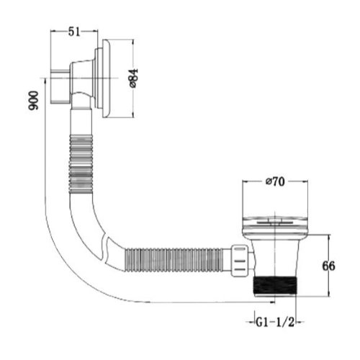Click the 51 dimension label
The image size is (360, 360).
(73, 32)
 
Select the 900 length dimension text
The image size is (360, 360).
(33, 100)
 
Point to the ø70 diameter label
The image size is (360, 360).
(275, 181)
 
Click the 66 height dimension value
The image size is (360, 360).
(328, 266)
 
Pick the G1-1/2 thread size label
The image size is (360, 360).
(275, 322)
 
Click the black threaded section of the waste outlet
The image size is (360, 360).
(275, 286)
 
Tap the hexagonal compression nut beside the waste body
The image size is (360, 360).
(239, 261)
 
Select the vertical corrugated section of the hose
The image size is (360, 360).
(81, 164)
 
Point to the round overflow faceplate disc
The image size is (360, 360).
(106, 78)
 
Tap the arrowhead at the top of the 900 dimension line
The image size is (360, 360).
(45, 81)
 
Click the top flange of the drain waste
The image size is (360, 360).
(275, 225)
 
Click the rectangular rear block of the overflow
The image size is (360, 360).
(60, 86)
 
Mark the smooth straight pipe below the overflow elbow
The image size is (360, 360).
(81, 121)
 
